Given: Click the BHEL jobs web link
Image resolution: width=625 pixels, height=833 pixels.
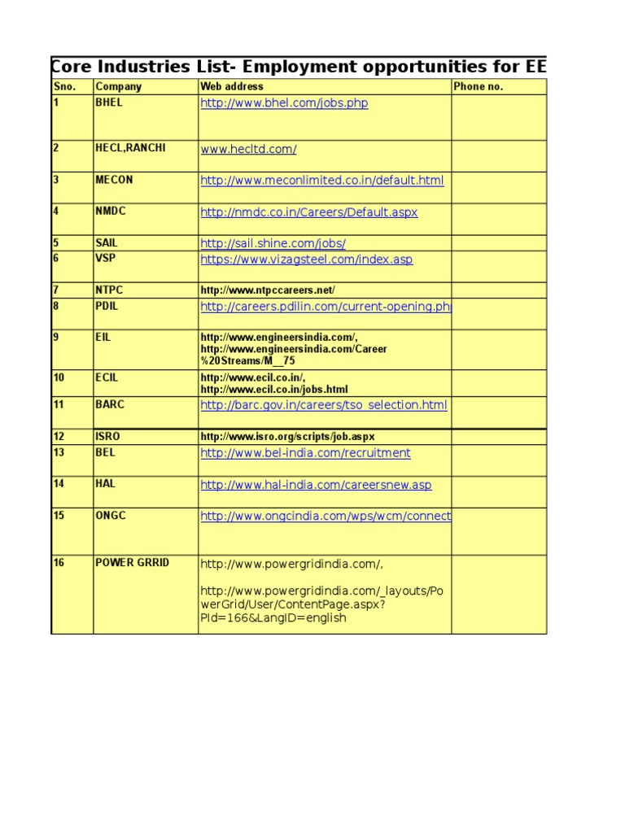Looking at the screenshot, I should point(284,104).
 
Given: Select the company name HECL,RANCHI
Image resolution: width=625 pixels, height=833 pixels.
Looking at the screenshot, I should point(130,148).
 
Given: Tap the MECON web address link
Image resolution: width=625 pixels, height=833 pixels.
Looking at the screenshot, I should point(322,181).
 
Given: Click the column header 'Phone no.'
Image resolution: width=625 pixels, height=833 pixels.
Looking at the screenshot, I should point(479,87).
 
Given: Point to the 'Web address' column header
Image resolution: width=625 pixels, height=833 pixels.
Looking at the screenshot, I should point(232,87).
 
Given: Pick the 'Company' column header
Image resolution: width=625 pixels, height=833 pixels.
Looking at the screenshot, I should point(119,87).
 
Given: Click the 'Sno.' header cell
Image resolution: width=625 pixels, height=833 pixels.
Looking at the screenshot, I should point(64,87).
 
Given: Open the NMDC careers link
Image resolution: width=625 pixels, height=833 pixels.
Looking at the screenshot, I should point(309,212).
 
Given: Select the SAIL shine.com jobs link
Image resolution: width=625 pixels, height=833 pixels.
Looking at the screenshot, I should point(273,243).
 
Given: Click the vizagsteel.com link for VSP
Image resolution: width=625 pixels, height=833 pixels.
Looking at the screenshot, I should point(307,259).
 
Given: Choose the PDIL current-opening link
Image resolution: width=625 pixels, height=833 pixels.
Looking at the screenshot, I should point(326,307).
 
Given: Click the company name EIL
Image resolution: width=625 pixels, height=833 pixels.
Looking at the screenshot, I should point(103,336).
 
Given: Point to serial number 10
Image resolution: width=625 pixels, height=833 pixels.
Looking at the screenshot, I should point(59,377).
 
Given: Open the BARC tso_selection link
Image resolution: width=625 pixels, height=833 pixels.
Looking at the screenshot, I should point(324,405).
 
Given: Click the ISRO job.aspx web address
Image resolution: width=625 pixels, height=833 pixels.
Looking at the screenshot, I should point(288,437).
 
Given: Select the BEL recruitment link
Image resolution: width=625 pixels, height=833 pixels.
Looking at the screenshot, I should point(306,453).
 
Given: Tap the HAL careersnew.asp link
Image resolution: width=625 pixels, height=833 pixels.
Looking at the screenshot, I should point(316,485).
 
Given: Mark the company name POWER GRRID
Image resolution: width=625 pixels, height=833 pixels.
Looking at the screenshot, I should point(133,562).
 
